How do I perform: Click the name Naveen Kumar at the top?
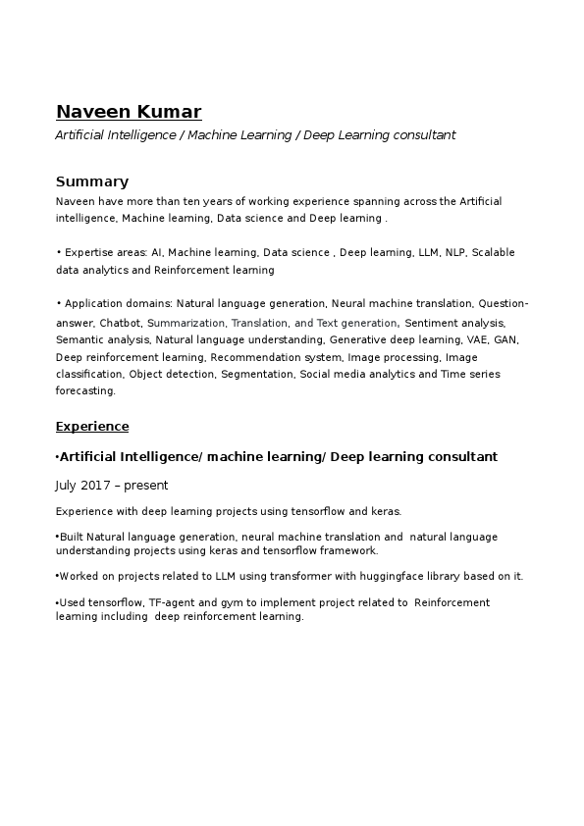[x=129, y=111]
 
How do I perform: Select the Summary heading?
[x=92, y=181]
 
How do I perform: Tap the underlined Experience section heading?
[x=92, y=427]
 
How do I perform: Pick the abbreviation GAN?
[x=506, y=339]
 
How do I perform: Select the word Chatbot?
[x=121, y=323]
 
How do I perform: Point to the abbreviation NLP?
[x=456, y=253]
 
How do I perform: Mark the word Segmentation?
[x=257, y=375]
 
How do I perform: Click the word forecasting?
[x=85, y=391]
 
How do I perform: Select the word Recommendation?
[x=255, y=357]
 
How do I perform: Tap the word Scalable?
[x=494, y=253]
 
